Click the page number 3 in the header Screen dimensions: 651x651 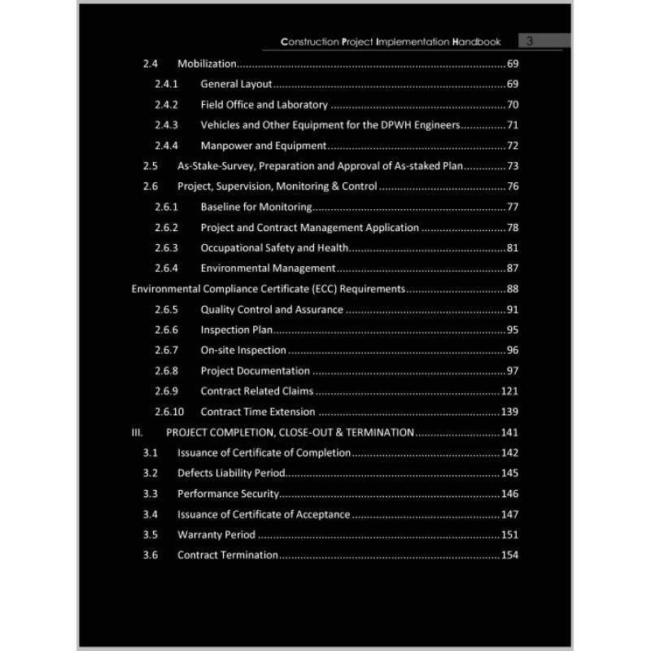tap(530, 41)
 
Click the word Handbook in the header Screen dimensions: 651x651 tap(476, 42)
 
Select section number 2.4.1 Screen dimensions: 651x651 tap(166, 84)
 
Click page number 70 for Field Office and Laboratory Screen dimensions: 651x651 tap(513, 104)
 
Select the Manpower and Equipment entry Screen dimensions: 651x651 tap(263, 146)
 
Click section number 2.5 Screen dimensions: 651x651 tap(150, 166)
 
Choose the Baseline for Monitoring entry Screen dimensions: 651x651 tap(256, 207)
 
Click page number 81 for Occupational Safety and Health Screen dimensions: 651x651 tap(513, 247)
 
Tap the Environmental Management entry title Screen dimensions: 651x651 tap(268, 268)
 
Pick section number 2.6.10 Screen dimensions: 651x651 tap(169, 412)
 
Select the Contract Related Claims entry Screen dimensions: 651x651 tap(268, 391)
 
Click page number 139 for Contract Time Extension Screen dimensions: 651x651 tap(509, 412)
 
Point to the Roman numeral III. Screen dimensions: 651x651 tap(137, 432)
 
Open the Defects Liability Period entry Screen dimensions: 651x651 tap(231, 473)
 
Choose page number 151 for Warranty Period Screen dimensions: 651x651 tap(509, 535)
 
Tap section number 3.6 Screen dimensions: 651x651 tap(150, 555)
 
